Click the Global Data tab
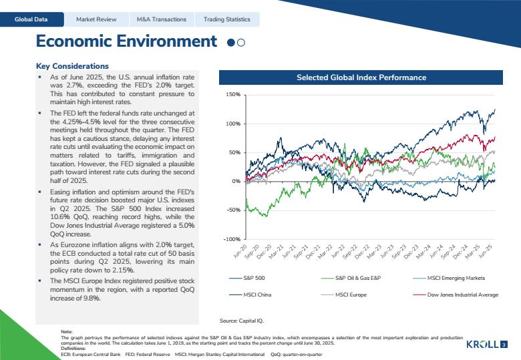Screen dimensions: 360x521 tap(32, 19)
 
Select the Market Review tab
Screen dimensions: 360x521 tap(96, 19)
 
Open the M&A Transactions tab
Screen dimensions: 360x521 tap(161, 19)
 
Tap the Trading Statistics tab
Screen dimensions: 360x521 tap(227, 19)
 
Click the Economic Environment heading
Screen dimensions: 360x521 tap(126, 41)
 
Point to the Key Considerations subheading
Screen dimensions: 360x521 tap(72, 66)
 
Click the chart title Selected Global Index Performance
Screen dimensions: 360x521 tap(361, 77)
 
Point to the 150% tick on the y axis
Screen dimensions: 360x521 tap(234, 95)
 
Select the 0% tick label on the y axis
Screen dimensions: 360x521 tap(236, 182)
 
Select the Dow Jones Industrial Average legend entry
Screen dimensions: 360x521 tap(462, 295)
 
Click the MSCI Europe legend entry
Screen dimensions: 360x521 tap(351, 295)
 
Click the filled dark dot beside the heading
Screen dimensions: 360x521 tap(230, 42)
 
